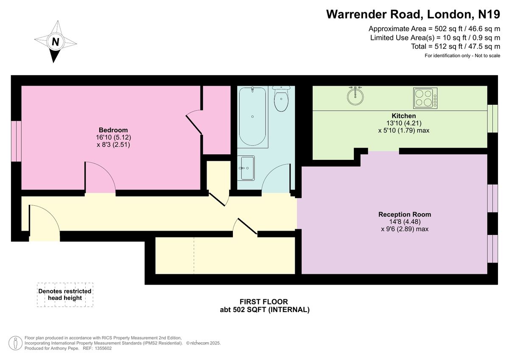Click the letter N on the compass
56,42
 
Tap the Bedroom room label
113,130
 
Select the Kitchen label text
403,116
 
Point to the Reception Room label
405,215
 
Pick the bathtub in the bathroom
252,117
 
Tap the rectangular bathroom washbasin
246,168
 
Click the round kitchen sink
355,96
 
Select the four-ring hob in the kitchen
425,98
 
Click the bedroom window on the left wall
17,141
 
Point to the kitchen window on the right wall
492,119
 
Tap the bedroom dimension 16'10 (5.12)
113,137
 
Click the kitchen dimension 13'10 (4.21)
404,123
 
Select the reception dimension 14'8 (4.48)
405,221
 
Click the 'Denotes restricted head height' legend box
65,295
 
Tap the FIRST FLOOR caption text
264,301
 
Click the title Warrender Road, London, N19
413,14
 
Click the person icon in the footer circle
15,343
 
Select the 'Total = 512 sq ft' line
456,46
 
